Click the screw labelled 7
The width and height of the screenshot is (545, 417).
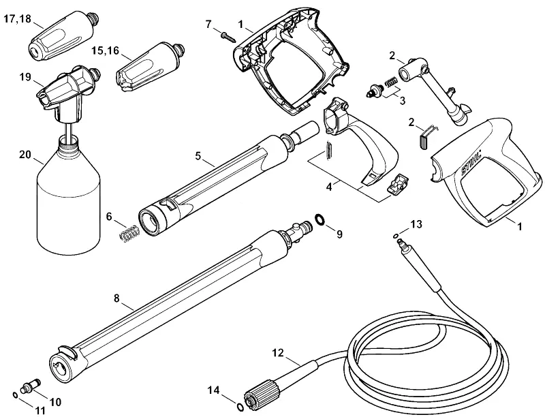228,37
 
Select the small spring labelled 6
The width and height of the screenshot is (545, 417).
129,233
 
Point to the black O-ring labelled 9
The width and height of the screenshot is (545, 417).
320,219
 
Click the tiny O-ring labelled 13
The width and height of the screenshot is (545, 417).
396,236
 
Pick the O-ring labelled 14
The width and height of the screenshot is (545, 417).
240,406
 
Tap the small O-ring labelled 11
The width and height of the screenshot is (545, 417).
15,395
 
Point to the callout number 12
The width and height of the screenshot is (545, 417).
278,353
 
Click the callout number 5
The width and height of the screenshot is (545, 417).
198,156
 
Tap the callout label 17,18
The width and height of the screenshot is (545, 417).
18,19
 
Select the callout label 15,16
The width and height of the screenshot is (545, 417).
106,50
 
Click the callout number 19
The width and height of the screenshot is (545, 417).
25,77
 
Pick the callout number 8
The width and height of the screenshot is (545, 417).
116,298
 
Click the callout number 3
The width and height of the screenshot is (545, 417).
402,101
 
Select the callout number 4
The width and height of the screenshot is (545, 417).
329,187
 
